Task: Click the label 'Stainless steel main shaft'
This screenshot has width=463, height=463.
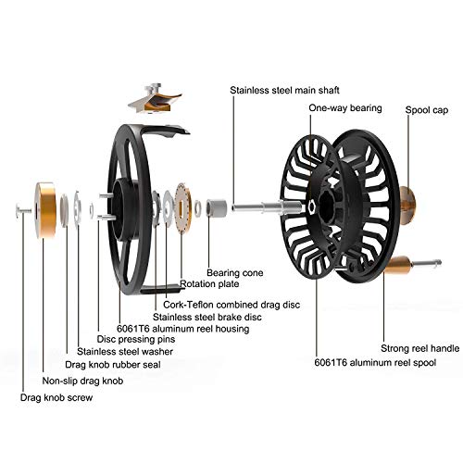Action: pos(284,90)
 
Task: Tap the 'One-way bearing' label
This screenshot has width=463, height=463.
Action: pos(345,108)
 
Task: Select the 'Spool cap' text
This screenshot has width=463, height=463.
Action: pos(426,110)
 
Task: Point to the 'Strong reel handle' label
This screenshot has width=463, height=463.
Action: pos(419,348)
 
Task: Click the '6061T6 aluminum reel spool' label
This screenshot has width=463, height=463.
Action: pos(375,362)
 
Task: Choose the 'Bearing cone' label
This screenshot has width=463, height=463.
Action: pos(235,273)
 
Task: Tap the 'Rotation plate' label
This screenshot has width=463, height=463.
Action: pos(209,284)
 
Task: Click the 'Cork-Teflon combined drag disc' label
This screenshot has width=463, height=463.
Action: pos(231,305)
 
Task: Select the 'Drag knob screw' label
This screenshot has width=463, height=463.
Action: pos(56,397)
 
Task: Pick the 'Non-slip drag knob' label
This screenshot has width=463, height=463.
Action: pos(82,381)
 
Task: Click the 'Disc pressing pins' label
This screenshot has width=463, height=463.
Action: pos(136,339)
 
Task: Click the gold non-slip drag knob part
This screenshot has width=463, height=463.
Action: pos(45,210)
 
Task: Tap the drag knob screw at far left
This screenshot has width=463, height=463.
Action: pos(22,210)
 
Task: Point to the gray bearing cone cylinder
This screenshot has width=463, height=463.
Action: pos(217,207)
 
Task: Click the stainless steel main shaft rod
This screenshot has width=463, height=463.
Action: pos(267,206)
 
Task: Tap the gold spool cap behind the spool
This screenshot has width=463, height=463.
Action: pos(407,205)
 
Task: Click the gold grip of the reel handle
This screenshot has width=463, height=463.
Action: pos(398,266)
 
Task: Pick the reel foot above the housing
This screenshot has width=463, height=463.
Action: pos(155,99)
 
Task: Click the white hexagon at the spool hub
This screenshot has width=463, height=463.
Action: pos(311,207)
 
